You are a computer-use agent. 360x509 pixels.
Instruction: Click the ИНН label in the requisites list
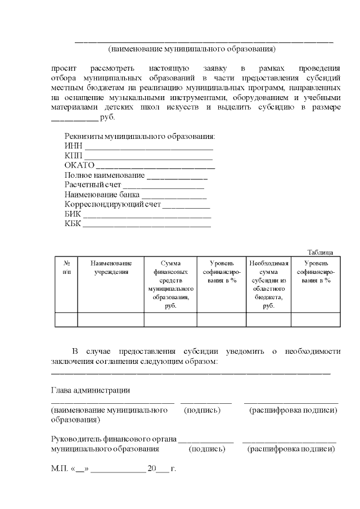[x=73, y=146]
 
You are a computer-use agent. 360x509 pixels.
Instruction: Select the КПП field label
[x=73, y=156]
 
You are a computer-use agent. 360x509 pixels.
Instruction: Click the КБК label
[x=73, y=224]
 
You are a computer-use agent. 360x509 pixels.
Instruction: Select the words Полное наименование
[x=104, y=175]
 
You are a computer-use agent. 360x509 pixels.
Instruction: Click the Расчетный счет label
[x=93, y=185]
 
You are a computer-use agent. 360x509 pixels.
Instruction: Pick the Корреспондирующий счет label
[x=112, y=205]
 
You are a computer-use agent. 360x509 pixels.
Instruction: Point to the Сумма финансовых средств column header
[x=170, y=284]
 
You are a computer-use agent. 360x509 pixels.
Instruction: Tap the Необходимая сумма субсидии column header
[x=268, y=284]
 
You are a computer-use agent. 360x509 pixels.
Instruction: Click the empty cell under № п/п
[x=66, y=319]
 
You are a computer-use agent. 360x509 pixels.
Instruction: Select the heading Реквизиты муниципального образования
[x=140, y=137]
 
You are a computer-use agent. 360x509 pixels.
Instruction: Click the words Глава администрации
[x=91, y=390]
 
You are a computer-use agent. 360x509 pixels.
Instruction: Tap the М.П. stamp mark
[x=59, y=469]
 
